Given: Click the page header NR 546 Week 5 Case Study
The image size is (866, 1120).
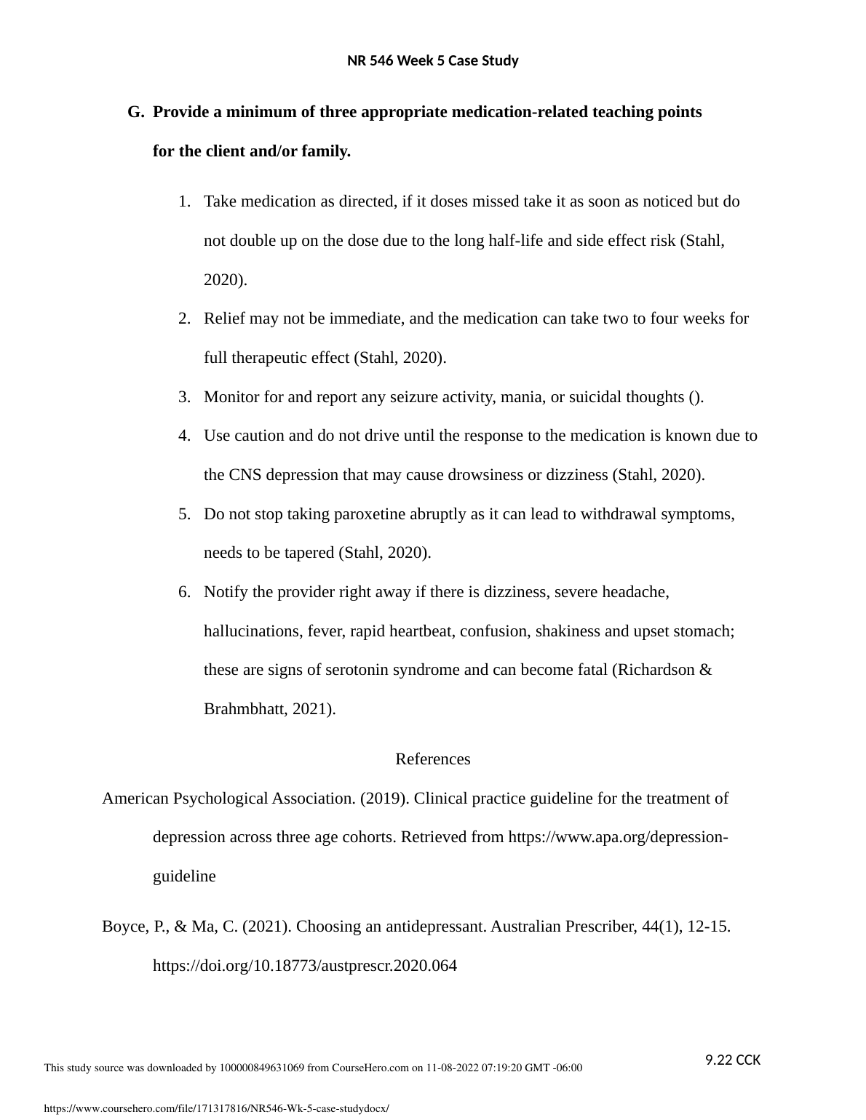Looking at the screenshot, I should (x=432, y=61).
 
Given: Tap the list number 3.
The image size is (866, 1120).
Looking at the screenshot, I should (x=184, y=397).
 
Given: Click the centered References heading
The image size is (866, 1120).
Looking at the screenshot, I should (x=432, y=759).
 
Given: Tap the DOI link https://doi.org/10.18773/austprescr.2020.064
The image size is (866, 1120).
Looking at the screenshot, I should (x=304, y=966).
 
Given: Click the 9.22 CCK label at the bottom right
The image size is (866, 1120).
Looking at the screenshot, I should (x=733, y=1060).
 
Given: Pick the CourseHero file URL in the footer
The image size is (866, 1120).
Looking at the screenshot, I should (x=217, y=1108).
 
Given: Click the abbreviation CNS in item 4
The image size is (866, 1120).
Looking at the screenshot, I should (x=245, y=475).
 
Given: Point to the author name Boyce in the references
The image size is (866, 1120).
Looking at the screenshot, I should (x=123, y=927).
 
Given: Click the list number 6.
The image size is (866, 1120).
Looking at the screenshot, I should (x=184, y=592).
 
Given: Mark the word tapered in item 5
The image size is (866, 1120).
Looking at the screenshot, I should (x=308, y=553).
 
